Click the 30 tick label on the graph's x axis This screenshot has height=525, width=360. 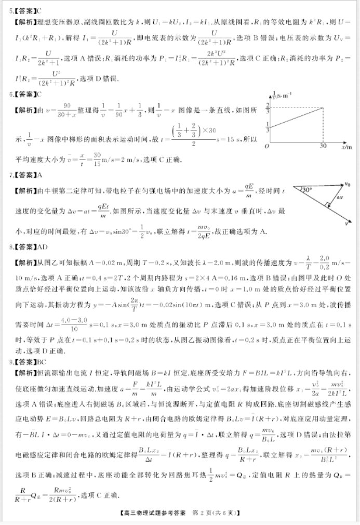[323, 147]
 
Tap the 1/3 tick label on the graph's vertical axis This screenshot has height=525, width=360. [268, 127]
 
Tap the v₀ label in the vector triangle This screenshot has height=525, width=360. [347, 183]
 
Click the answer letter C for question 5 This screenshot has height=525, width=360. [40, 10]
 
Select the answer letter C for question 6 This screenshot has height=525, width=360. [40, 95]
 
